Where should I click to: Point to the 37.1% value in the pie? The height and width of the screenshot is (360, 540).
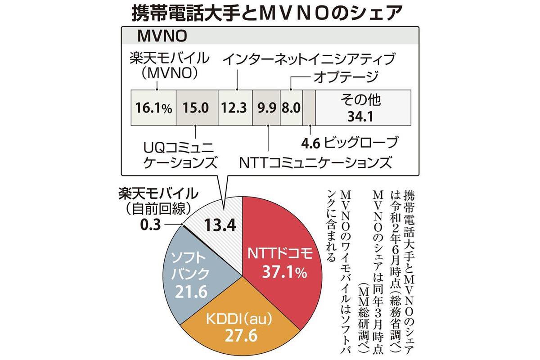[279, 273]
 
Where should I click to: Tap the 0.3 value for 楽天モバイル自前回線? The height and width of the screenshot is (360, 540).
[147, 224]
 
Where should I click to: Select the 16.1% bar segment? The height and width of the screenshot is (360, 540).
[153, 108]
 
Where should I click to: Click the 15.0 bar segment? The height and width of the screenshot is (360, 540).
[196, 108]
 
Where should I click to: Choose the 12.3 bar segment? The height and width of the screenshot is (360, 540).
[235, 108]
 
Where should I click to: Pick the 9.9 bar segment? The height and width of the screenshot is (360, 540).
[266, 108]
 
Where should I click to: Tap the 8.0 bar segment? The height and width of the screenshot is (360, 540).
[291, 108]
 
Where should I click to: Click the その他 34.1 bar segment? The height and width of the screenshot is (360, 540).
[363, 108]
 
